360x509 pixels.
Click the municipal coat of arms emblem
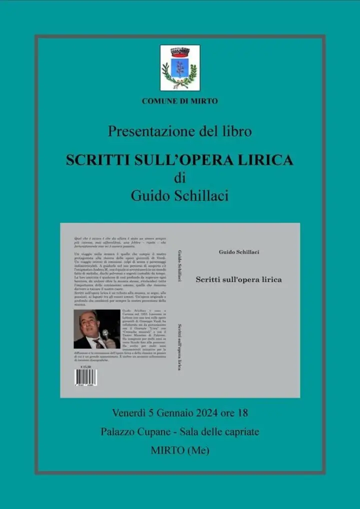coord(180,67)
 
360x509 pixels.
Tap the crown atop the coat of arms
coord(180,52)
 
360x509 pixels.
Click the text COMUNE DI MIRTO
coord(180,101)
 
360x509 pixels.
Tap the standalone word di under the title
coord(180,178)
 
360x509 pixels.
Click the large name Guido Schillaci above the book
coord(180,195)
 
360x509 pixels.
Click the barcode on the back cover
coord(86,377)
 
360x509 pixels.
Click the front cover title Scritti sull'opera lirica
coord(238,280)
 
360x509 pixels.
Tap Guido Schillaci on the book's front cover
coord(239,252)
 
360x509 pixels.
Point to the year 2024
coord(207,413)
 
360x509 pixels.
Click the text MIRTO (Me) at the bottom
coord(180,450)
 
